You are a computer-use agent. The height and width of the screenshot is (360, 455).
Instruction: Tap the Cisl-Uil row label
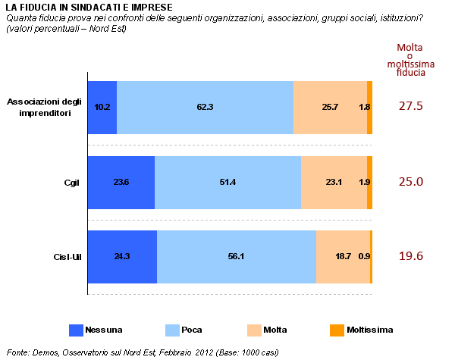point(66,257)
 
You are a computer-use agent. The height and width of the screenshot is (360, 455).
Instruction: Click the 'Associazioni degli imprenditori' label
point(44,108)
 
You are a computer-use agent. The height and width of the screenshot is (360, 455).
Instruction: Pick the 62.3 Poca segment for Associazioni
point(205,108)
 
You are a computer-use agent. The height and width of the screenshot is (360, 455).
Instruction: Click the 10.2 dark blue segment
point(102,108)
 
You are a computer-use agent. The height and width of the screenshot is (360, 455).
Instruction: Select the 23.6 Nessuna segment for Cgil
point(121,183)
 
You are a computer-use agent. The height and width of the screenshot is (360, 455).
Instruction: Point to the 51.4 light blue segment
point(227,183)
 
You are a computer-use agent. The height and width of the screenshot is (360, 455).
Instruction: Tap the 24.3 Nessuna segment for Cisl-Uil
point(122,257)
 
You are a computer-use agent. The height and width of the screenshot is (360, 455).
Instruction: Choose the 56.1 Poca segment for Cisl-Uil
point(237,257)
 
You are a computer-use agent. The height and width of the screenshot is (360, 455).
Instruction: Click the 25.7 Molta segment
point(330,108)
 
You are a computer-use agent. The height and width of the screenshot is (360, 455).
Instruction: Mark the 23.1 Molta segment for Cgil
point(334,183)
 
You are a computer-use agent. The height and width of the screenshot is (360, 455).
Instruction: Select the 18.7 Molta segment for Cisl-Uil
point(343,257)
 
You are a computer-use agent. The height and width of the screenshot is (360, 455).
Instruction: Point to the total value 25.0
point(410,182)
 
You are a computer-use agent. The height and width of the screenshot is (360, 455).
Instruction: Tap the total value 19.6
point(410,256)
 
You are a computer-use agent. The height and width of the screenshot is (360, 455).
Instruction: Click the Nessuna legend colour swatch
point(75,330)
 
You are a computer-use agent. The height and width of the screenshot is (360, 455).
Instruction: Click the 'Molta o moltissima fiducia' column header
point(410,61)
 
